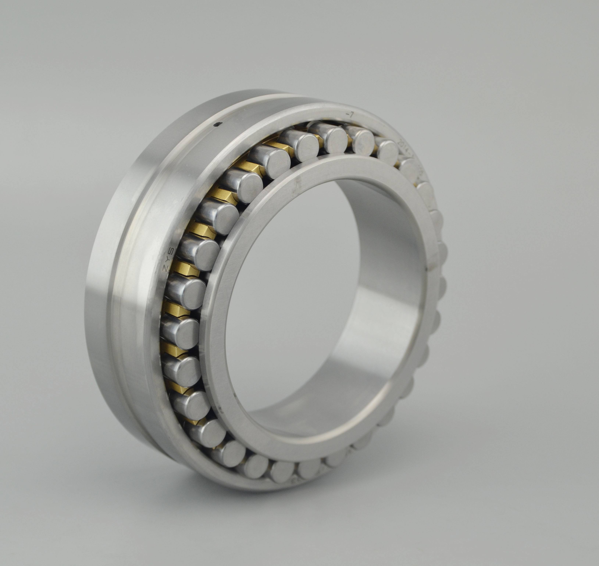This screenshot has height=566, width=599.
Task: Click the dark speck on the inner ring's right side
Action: point(426,268)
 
